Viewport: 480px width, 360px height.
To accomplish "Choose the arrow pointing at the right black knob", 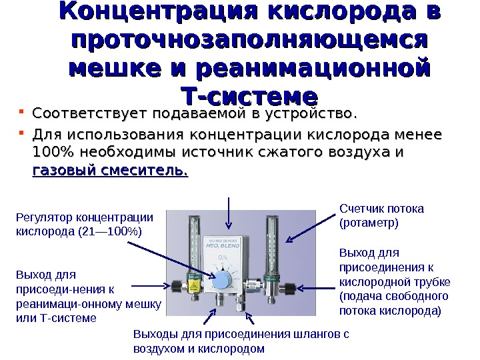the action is tap(313, 288).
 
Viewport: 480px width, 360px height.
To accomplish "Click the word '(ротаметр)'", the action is tap(369, 222).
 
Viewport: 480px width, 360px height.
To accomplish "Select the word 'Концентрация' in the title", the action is tap(153, 13).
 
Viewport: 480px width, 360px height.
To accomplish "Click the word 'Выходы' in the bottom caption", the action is tap(153, 335).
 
